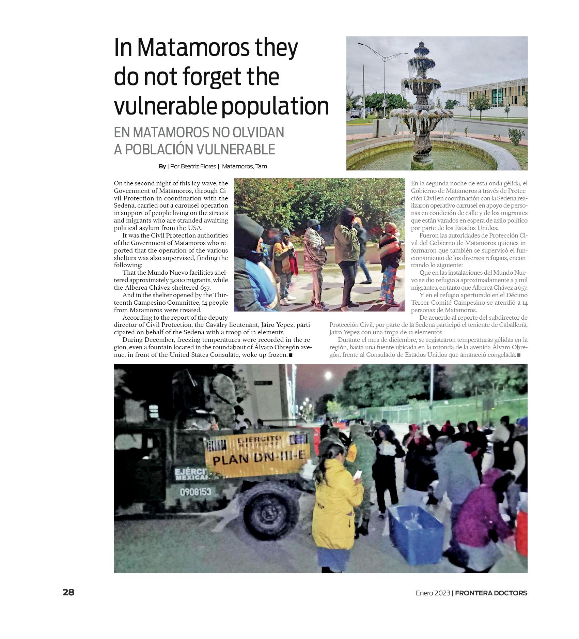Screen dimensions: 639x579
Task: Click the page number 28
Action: (68, 592)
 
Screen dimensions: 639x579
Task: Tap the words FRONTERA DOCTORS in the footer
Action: (491, 593)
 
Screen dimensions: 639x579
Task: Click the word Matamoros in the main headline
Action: (194, 48)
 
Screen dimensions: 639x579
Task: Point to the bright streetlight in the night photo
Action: (328, 376)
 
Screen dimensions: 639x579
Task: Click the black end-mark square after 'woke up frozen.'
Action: (291, 355)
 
